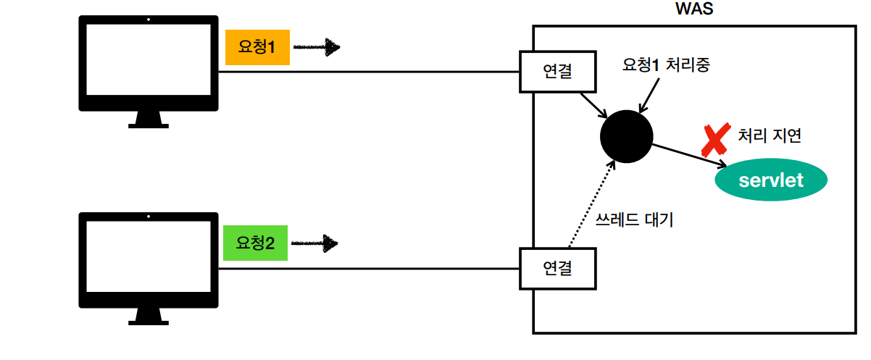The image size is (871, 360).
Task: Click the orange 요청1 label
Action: coord(257,48)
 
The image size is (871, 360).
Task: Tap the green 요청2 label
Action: coord(256,243)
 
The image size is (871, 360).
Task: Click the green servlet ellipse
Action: coord(770,180)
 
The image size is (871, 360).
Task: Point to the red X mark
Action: coord(715,141)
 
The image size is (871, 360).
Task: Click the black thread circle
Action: coord(627,136)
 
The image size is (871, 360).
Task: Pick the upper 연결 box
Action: coord(557,72)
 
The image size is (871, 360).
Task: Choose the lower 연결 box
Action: coord(557,268)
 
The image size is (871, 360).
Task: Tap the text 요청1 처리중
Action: coord(665,64)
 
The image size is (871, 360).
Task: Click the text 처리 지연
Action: coord(770,135)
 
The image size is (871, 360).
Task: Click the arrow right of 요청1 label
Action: coord(317,48)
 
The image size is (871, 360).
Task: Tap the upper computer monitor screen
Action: coord(149,63)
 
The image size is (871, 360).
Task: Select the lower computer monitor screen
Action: coord(149,259)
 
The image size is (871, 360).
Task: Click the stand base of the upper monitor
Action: coord(149,124)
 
